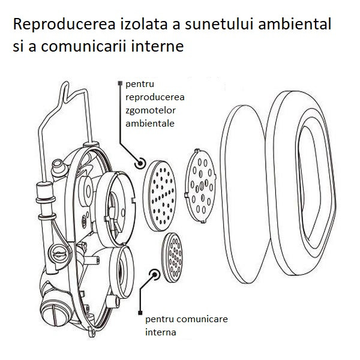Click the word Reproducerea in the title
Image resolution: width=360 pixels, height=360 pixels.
coord(64,25)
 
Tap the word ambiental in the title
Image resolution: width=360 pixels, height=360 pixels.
coord(295,23)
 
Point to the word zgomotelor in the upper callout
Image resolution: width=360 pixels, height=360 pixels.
coord(151,110)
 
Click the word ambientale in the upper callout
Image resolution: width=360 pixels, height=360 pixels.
coord(150,123)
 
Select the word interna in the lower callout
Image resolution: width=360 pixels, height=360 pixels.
coord(161,332)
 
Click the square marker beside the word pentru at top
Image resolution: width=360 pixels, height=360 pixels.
coord(120,83)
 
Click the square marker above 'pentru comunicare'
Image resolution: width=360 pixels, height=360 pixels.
coord(140,313)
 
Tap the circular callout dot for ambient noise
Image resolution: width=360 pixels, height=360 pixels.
coord(140,163)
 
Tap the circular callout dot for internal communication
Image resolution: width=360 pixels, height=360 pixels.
coord(155,275)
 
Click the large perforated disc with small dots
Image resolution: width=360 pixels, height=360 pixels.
coord(160,196)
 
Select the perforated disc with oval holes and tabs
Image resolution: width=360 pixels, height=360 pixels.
coord(201,186)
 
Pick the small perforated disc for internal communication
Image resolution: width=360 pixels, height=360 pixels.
coord(172,257)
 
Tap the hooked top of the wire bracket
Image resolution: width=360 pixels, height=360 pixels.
coord(65,90)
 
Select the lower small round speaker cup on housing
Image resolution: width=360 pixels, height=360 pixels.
coord(121,271)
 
